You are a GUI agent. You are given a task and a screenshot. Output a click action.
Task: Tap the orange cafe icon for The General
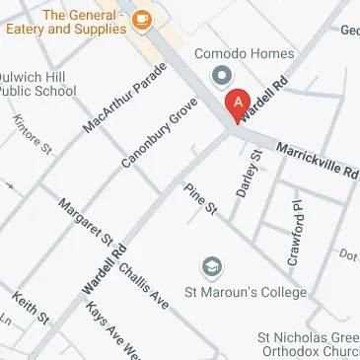[x=143, y=19]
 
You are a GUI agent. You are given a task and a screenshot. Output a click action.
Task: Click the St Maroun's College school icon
[x=210, y=266]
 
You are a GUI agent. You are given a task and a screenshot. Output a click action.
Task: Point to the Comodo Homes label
[x=230, y=50]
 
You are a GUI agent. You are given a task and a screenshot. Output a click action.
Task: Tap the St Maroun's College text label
[x=246, y=293]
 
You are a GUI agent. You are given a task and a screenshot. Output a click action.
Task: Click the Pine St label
[x=200, y=198]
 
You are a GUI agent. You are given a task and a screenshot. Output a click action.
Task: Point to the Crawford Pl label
[x=294, y=234]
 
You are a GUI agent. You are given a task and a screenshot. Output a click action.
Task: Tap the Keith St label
[x=30, y=310]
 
